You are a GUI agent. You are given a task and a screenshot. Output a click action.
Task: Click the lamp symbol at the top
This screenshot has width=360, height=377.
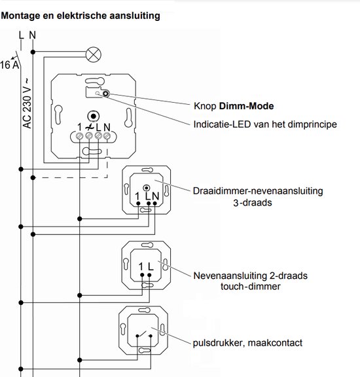coord(94,54)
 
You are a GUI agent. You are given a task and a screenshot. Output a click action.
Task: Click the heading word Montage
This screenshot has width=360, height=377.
coord(21,16)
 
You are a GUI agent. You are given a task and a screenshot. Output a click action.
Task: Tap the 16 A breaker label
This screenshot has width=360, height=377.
coord(9,65)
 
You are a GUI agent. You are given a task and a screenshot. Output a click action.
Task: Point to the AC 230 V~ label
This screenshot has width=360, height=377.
coord(27,103)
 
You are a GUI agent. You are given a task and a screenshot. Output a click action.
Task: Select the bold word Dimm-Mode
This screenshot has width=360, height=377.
coord(246,106)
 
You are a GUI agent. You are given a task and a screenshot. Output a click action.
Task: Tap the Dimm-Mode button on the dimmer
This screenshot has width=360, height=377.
coord(105,94)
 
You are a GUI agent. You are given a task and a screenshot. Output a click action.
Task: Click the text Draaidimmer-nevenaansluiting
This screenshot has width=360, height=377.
coord(258,191)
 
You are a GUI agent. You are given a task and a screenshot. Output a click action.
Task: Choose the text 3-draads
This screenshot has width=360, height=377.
coord(253,203)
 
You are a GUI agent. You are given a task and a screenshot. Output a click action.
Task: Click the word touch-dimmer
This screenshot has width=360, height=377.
coord(251,287)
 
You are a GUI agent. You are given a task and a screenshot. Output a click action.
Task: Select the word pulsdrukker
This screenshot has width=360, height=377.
coord(219,343)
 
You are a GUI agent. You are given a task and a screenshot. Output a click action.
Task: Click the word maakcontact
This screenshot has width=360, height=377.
coord(275,343)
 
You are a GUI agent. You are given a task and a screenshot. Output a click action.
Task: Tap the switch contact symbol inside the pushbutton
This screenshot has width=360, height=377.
coord(144,334)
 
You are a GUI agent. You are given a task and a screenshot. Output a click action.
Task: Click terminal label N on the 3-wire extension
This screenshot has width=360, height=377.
coord(156,196)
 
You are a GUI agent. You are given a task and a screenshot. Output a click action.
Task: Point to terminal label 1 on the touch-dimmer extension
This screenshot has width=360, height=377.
coord(141,266)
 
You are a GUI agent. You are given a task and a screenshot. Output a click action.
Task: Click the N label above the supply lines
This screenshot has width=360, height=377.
coord(33,35)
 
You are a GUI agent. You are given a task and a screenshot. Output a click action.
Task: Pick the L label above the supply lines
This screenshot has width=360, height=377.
coord(22,35)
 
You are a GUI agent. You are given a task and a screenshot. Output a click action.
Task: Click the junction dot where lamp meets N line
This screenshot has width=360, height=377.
coord(33,52)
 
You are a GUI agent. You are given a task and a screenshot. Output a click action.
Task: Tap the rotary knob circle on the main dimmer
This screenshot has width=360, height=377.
coord(94,116)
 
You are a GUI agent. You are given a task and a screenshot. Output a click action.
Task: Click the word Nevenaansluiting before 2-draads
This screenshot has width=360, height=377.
coord(230,276)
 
